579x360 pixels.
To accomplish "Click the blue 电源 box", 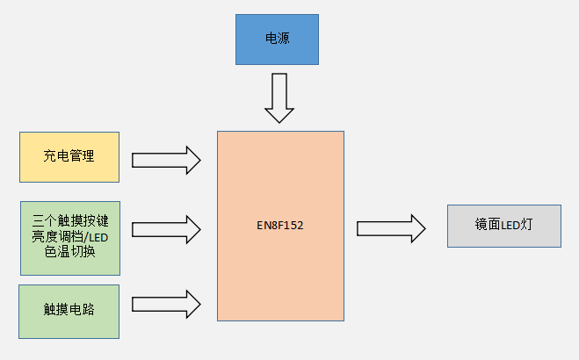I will click(276, 40).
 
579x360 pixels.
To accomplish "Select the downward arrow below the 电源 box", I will click(280, 97).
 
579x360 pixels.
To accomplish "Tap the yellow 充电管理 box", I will click(69, 157).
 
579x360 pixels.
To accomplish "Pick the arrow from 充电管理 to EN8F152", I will click(166, 160).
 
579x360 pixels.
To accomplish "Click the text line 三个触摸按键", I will click(69, 220).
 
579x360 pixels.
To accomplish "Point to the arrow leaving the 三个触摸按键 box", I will click(166, 228).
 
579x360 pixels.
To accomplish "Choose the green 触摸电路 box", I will click(69, 310).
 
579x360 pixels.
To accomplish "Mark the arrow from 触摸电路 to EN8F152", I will click(166, 304).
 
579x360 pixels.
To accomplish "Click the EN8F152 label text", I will click(280, 226).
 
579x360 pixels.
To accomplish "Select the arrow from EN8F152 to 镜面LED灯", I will click(390, 228).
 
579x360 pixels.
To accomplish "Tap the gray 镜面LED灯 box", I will click(503, 226).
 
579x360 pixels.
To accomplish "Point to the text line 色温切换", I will click(69, 251).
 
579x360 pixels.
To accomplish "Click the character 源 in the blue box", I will click(283, 40).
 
